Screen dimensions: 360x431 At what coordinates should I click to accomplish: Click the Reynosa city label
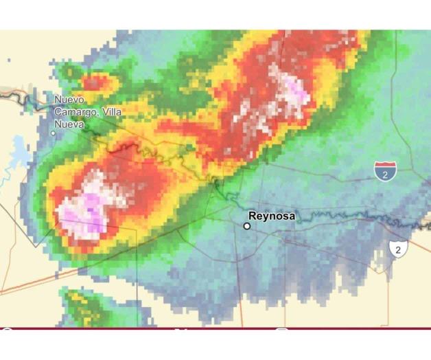(272, 216)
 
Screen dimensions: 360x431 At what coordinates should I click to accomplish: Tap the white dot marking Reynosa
(247, 225)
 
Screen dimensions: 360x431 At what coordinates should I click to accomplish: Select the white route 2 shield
(397, 249)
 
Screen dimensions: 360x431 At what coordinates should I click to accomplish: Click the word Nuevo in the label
(69, 100)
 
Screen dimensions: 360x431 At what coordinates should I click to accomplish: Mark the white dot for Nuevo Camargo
(54, 133)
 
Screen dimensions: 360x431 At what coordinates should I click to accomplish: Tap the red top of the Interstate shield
(384, 166)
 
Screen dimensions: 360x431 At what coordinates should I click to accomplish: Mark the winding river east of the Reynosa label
(343, 218)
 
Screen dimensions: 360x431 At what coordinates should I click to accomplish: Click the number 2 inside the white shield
(397, 249)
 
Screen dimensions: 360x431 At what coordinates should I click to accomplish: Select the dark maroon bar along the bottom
(215, 329)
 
